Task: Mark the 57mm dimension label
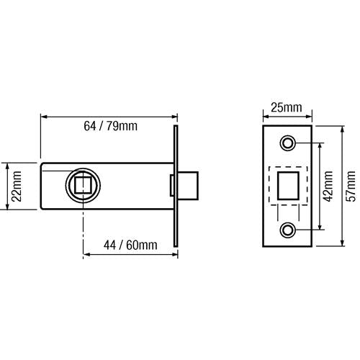point(351,186)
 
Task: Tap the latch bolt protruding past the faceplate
point(189,186)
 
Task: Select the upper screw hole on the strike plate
point(289,143)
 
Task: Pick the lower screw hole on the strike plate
point(289,230)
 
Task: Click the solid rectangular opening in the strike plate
point(289,186)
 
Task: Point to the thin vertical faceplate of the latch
point(175,186)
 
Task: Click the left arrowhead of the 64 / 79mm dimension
point(44,115)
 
